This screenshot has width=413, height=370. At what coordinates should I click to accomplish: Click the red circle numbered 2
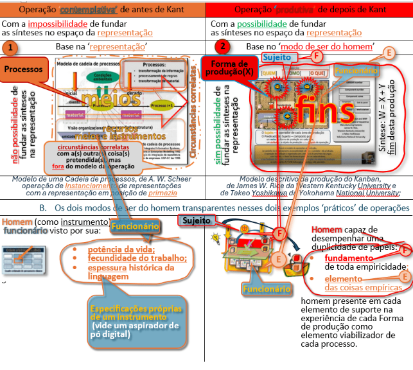click(222, 48)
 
